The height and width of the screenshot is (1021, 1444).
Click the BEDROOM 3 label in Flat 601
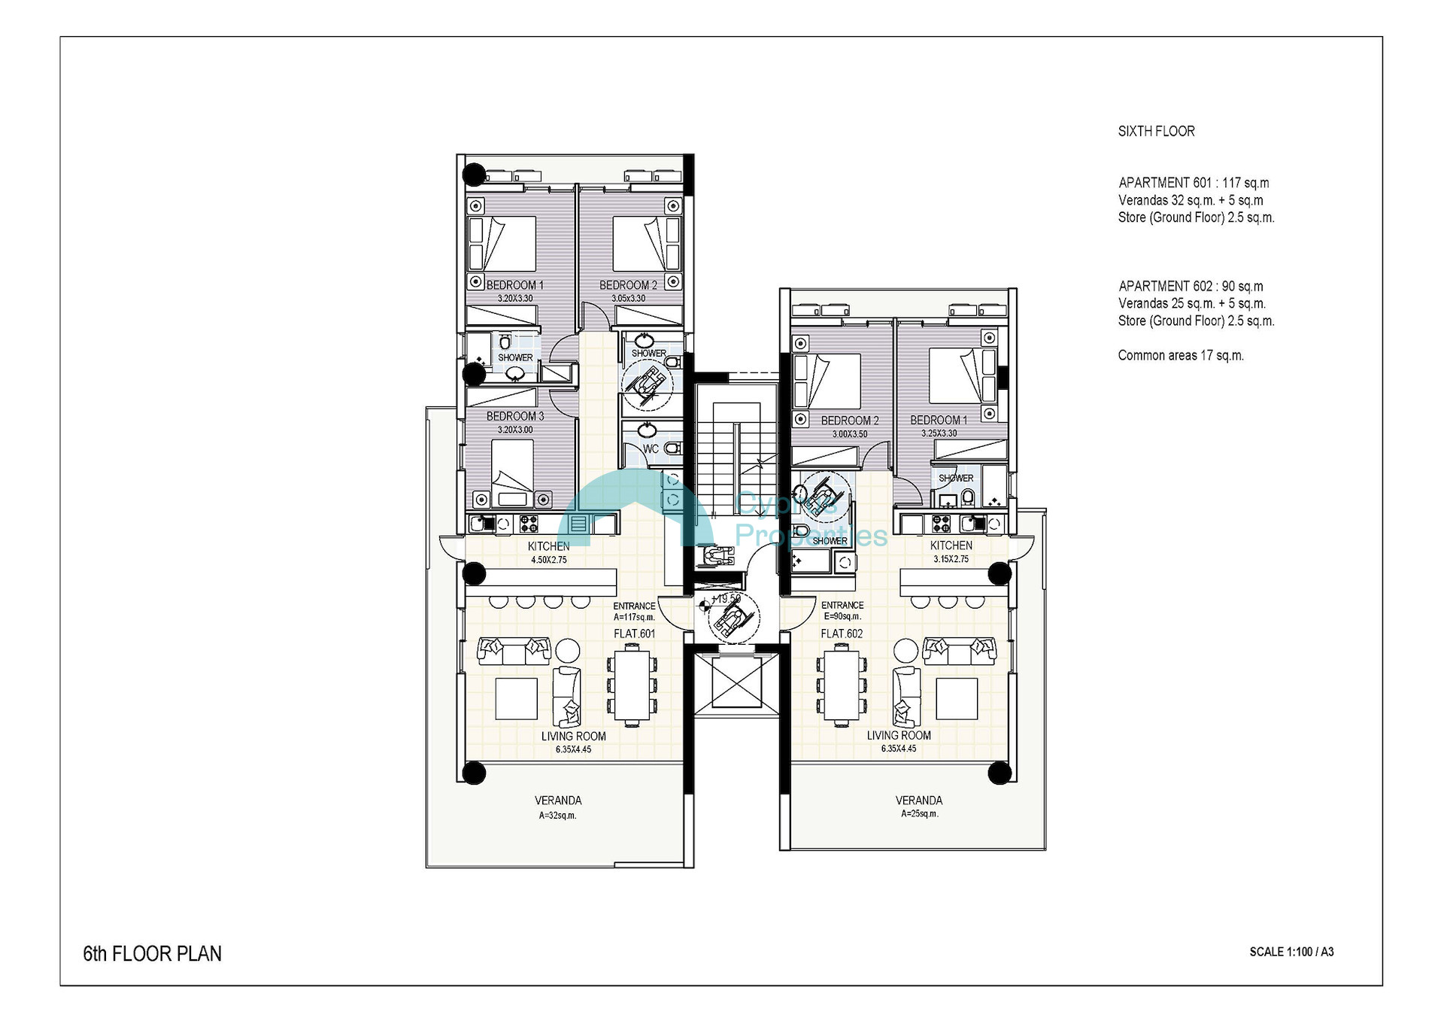click(515, 416)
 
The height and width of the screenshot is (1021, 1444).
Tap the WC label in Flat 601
click(651, 448)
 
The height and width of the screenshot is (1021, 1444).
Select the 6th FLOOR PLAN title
click(153, 953)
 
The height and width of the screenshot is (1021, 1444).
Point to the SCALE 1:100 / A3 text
click(1291, 952)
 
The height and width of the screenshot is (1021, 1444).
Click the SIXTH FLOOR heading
click(1156, 131)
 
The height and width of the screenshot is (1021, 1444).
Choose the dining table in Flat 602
click(842, 685)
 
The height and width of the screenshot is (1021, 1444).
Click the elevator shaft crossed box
click(736, 681)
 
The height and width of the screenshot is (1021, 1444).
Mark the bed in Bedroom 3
click(512, 473)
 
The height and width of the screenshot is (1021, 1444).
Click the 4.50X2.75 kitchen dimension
click(549, 560)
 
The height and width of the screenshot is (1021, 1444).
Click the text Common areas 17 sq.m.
click(1181, 355)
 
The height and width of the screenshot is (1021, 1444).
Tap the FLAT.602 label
click(842, 634)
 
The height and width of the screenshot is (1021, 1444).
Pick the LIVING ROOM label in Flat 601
click(574, 737)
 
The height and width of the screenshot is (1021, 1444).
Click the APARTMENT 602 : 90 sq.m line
click(1191, 286)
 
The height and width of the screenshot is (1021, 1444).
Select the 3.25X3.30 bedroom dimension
click(939, 433)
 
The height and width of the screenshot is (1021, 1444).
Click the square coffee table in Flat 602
click(957, 699)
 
